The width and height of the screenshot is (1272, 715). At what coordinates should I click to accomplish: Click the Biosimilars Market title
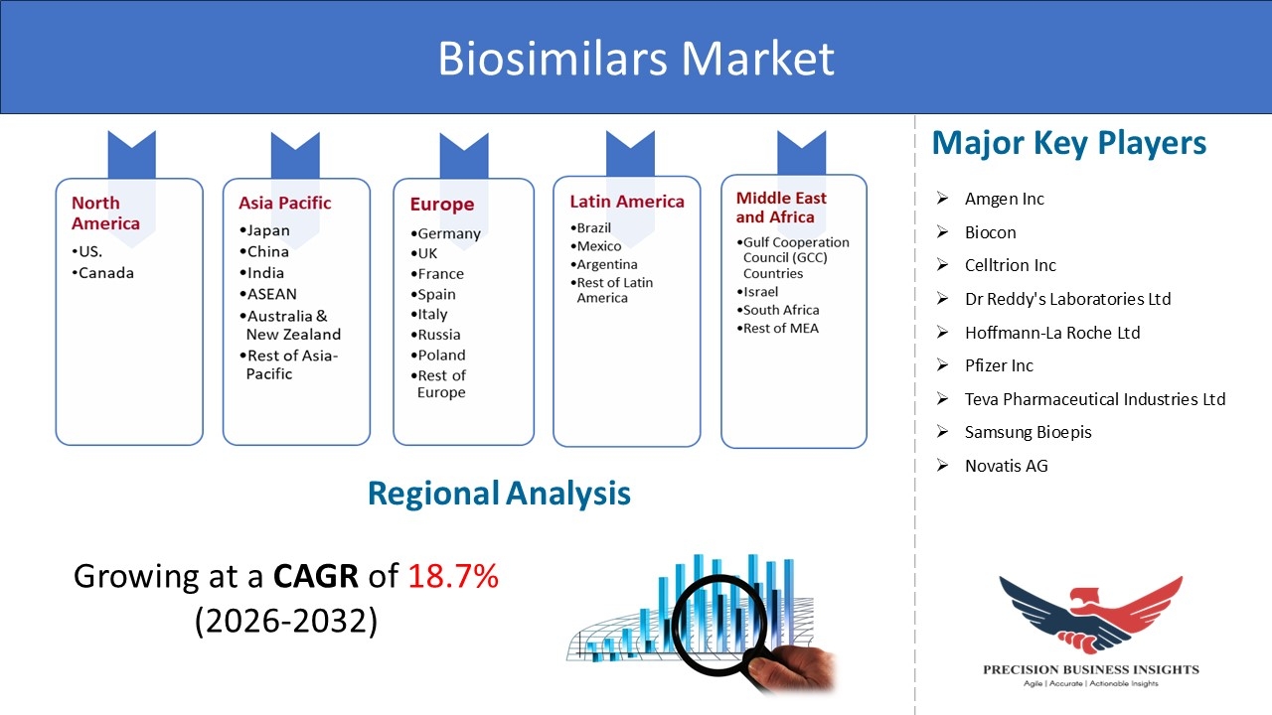pyautogui.click(x=636, y=58)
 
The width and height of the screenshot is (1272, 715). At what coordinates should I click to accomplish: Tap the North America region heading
pyautogui.click(x=105, y=213)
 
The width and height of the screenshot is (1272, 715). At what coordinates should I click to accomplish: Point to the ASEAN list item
pyautogui.click(x=268, y=294)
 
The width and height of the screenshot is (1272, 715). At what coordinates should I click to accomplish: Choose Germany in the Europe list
pyautogui.click(x=446, y=233)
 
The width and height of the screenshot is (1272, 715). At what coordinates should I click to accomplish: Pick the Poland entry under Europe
pyautogui.click(x=438, y=356)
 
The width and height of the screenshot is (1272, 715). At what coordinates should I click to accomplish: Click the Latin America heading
pyautogui.click(x=627, y=202)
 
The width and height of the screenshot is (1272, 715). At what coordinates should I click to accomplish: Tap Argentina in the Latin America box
pyautogui.click(x=604, y=264)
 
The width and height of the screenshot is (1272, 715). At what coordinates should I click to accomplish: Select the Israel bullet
pyautogui.click(x=757, y=292)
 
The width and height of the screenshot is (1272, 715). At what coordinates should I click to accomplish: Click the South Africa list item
pyautogui.click(x=778, y=310)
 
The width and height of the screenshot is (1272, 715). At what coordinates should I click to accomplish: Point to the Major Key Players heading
pyautogui.click(x=1068, y=143)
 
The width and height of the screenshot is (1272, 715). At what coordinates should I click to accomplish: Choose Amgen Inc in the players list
pyautogui.click(x=1004, y=199)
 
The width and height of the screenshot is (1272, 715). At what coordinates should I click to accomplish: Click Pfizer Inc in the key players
pyautogui.click(x=999, y=365)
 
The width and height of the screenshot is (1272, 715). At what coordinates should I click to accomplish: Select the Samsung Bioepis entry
pyautogui.click(x=1028, y=432)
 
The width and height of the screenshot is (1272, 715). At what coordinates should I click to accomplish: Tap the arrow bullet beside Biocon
pyautogui.click(x=943, y=232)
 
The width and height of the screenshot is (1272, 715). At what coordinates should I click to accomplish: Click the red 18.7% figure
pyautogui.click(x=453, y=576)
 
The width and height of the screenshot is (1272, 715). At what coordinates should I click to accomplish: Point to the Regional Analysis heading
pyautogui.click(x=499, y=493)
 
